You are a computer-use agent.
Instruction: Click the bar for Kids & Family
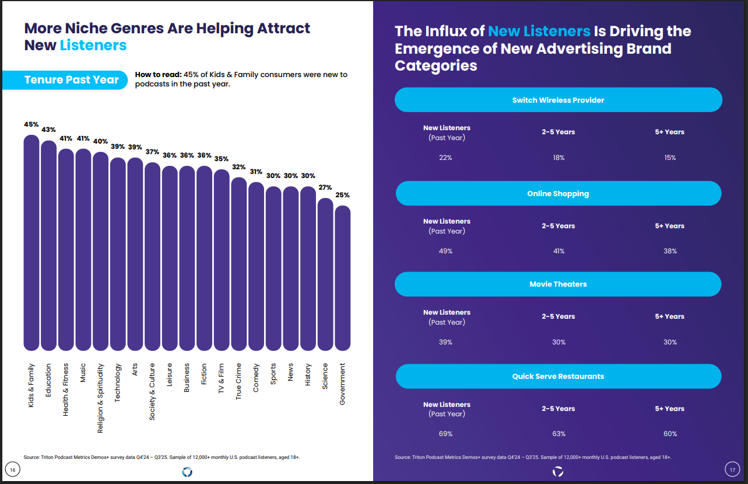31,242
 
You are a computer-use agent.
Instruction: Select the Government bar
343,277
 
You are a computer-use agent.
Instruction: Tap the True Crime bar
239,263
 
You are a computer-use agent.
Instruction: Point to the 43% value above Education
48,130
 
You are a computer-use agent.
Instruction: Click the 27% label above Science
325,187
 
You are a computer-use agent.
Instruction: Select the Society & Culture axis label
152,391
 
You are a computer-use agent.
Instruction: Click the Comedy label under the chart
256,378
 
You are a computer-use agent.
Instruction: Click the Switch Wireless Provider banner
558,100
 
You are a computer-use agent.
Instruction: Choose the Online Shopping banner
558,193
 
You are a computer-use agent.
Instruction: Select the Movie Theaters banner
558,284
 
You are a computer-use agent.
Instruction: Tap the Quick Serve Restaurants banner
558,377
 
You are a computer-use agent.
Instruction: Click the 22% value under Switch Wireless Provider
446,158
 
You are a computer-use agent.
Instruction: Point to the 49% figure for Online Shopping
446,251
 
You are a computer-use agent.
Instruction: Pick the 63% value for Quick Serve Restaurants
559,434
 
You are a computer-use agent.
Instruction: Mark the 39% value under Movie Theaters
446,342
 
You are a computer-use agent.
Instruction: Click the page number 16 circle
13,469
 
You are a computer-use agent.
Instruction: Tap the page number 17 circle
732,469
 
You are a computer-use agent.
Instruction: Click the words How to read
157,75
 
